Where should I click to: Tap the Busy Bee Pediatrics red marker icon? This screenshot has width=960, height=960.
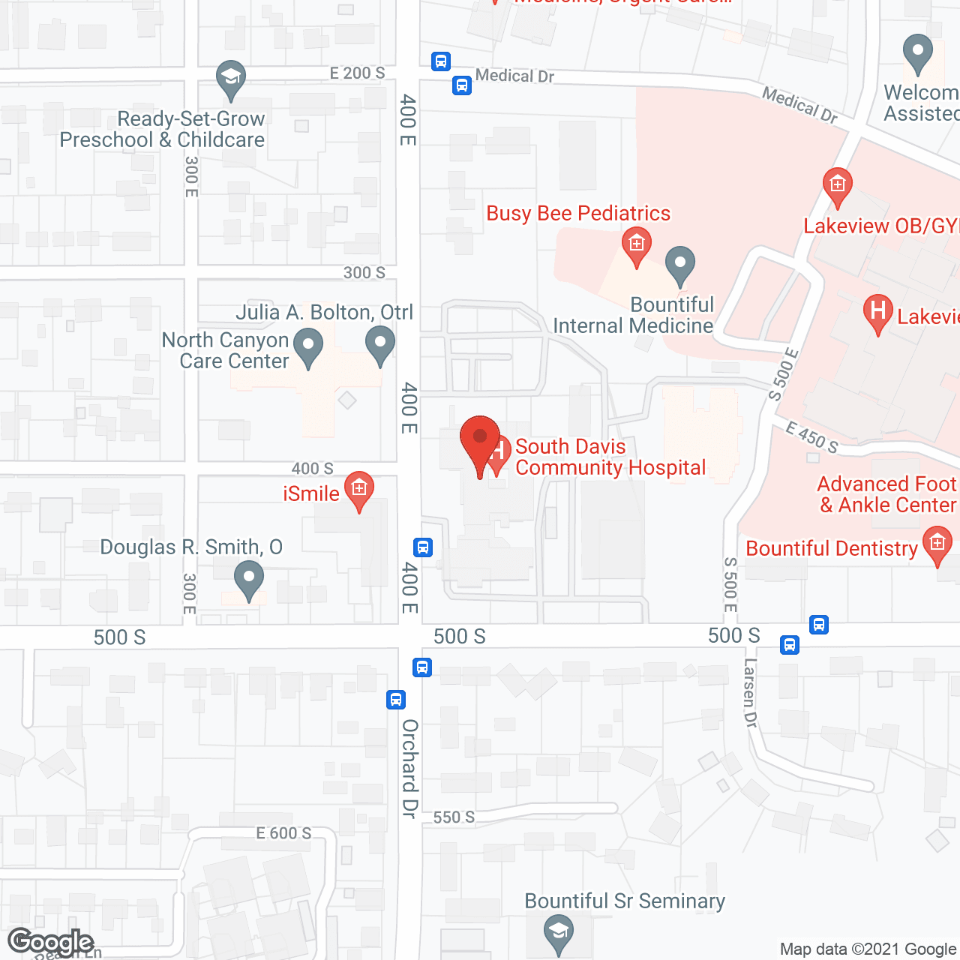636,246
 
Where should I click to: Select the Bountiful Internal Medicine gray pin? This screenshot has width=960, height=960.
680,265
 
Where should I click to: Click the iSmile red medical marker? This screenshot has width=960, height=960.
359,490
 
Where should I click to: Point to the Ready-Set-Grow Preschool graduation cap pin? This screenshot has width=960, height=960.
231,79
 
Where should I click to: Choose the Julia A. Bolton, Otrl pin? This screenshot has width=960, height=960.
380,346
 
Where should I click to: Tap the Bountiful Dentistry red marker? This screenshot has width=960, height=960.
937,545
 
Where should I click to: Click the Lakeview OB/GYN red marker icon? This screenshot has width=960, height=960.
837,186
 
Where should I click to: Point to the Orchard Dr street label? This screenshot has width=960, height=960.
409,768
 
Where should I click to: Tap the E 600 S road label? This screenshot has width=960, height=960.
283,833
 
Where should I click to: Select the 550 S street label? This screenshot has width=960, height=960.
454,817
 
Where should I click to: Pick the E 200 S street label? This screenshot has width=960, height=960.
357,73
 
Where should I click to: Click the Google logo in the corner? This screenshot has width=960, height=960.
51,941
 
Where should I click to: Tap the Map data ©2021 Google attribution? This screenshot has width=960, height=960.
868,949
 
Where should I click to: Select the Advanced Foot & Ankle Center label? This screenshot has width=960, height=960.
887,494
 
